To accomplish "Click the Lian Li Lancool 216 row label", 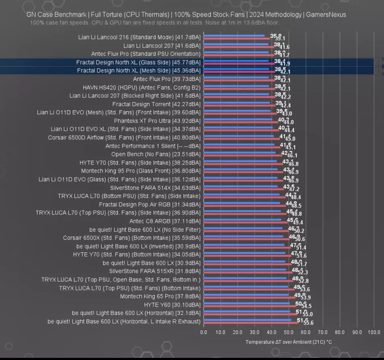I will (x=139, y=37).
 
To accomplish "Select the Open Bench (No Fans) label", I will (x=156, y=154).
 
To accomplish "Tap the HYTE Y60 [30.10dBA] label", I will (x=172, y=305).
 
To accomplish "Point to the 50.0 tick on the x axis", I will (x=289, y=332).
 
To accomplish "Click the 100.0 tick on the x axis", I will (x=374, y=332).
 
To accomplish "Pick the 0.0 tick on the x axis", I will (x=204, y=332).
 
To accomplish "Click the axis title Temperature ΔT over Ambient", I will (x=288, y=342).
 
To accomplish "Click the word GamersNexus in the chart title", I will (x=326, y=15).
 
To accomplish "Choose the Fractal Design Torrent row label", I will (x=156, y=104).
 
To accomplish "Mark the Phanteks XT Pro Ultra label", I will (x=157, y=121).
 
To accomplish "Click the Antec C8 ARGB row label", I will (x=165, y=221).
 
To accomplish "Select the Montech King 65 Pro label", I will (x=160, y=296).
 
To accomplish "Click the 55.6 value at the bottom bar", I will (x=308, y=323).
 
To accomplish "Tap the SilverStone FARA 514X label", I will (x=155, y=188).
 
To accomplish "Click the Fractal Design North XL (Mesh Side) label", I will (x=139, y=71).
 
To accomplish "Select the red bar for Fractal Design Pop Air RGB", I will (x=245, y=206).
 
